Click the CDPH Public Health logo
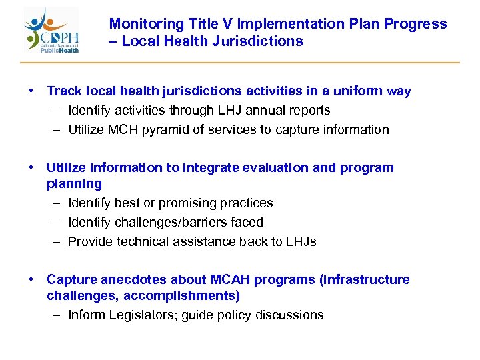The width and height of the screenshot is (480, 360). pos(52,31)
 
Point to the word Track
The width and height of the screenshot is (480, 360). pos(64,91)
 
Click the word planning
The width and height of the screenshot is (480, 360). pos(74,184)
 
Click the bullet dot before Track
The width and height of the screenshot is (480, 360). pos(31,91)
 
